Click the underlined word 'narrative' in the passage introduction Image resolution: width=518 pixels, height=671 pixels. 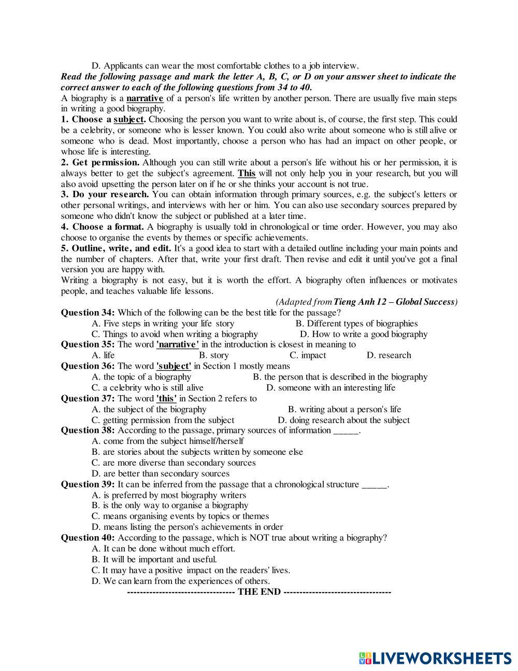[145, 98]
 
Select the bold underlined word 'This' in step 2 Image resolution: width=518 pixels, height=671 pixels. [247, 173]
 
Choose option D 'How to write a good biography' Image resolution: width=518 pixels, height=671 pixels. [364, 334]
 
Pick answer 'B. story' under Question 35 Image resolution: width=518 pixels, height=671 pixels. [213, 355]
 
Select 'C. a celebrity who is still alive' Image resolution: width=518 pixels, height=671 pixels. [148, 387]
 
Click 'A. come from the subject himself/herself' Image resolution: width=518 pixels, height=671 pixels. [167, 441]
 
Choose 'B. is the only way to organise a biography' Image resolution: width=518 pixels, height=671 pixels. [170, 506]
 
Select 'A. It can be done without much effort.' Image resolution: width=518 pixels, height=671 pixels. [163, 548]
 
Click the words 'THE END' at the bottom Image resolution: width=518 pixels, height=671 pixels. [259, 592]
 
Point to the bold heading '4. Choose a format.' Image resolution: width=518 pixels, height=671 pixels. [103, 227]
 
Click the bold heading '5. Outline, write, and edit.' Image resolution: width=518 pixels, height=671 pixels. [116, 248]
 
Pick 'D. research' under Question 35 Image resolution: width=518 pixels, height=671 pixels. [388, 355]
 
